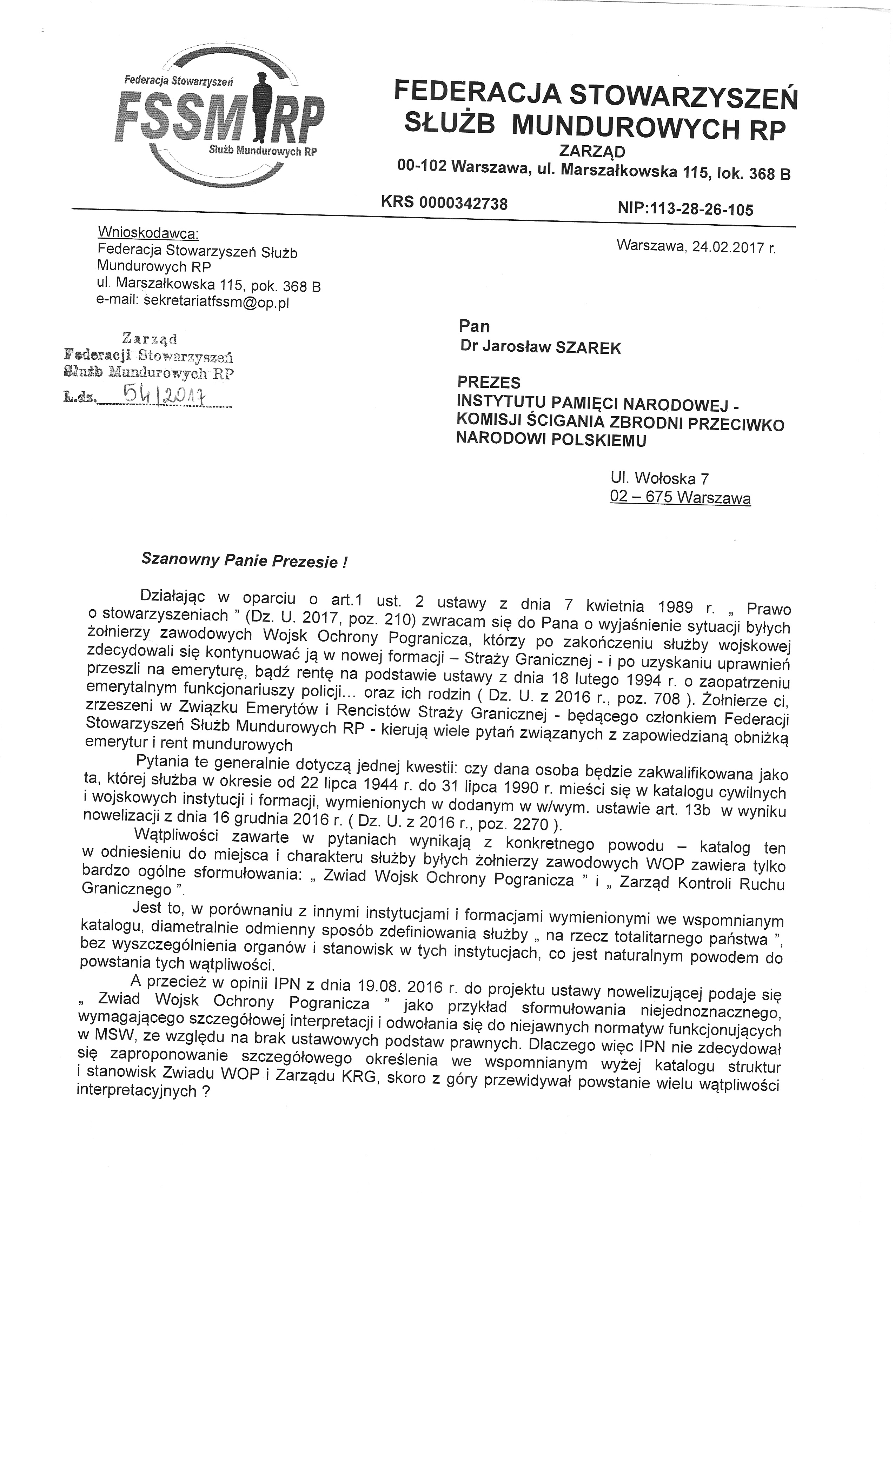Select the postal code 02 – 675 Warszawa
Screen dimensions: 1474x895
[x=679, y=497]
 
